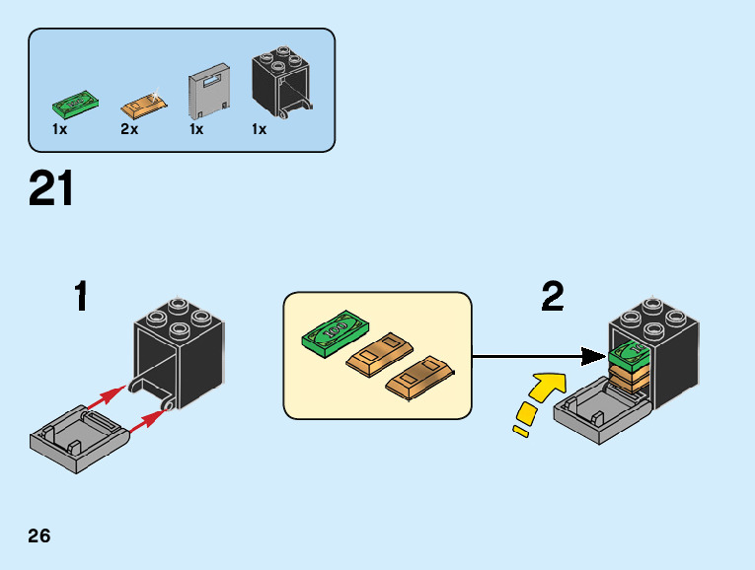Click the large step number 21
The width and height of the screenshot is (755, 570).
51,188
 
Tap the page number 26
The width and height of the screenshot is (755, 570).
39,536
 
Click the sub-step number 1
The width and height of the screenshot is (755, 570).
81,297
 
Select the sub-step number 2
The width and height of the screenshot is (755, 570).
553,296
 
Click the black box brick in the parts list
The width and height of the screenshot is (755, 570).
281,84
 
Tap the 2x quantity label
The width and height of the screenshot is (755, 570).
129,130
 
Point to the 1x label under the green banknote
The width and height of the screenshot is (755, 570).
59,130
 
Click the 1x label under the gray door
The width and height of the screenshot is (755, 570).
196,130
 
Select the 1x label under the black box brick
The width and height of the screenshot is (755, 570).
259,130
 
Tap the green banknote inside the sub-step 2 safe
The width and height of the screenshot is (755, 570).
629,353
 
